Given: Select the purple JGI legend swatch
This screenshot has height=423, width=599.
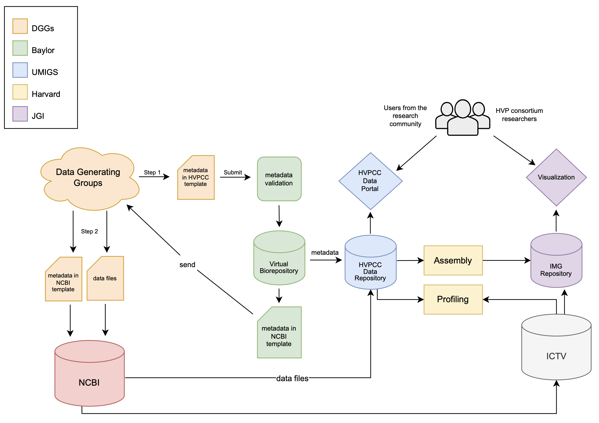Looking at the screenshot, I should click(20, 114).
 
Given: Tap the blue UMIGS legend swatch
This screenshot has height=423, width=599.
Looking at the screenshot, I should click(20, 70).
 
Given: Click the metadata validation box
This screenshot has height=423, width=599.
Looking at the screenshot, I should click(279, 179).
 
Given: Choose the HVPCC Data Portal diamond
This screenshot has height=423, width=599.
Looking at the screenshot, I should click(370, 181).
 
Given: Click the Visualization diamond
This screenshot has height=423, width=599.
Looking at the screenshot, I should click(556, 178).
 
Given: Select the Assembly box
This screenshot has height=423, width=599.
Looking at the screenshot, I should click(453, 260).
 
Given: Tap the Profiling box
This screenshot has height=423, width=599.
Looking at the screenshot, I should click(453, 299).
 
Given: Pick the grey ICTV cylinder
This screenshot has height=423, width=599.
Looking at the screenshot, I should click(556, 351).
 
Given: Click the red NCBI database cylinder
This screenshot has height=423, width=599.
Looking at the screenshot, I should click(89, 376).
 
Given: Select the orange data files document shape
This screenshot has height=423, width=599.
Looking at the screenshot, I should click(105, 278).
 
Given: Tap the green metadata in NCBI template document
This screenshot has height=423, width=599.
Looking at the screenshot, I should click(279, 334).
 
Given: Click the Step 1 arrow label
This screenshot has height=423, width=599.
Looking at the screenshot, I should click(152, 172).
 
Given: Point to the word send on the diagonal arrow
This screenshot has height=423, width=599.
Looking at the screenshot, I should click(187, 265).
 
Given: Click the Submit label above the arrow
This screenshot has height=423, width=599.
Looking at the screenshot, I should click(233, 172).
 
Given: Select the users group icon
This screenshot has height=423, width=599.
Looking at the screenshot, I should click(462, 118).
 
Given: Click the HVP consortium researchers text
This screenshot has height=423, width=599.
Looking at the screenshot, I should click(519, 115).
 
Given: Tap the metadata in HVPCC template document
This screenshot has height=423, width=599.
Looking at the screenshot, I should click(196, 178).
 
